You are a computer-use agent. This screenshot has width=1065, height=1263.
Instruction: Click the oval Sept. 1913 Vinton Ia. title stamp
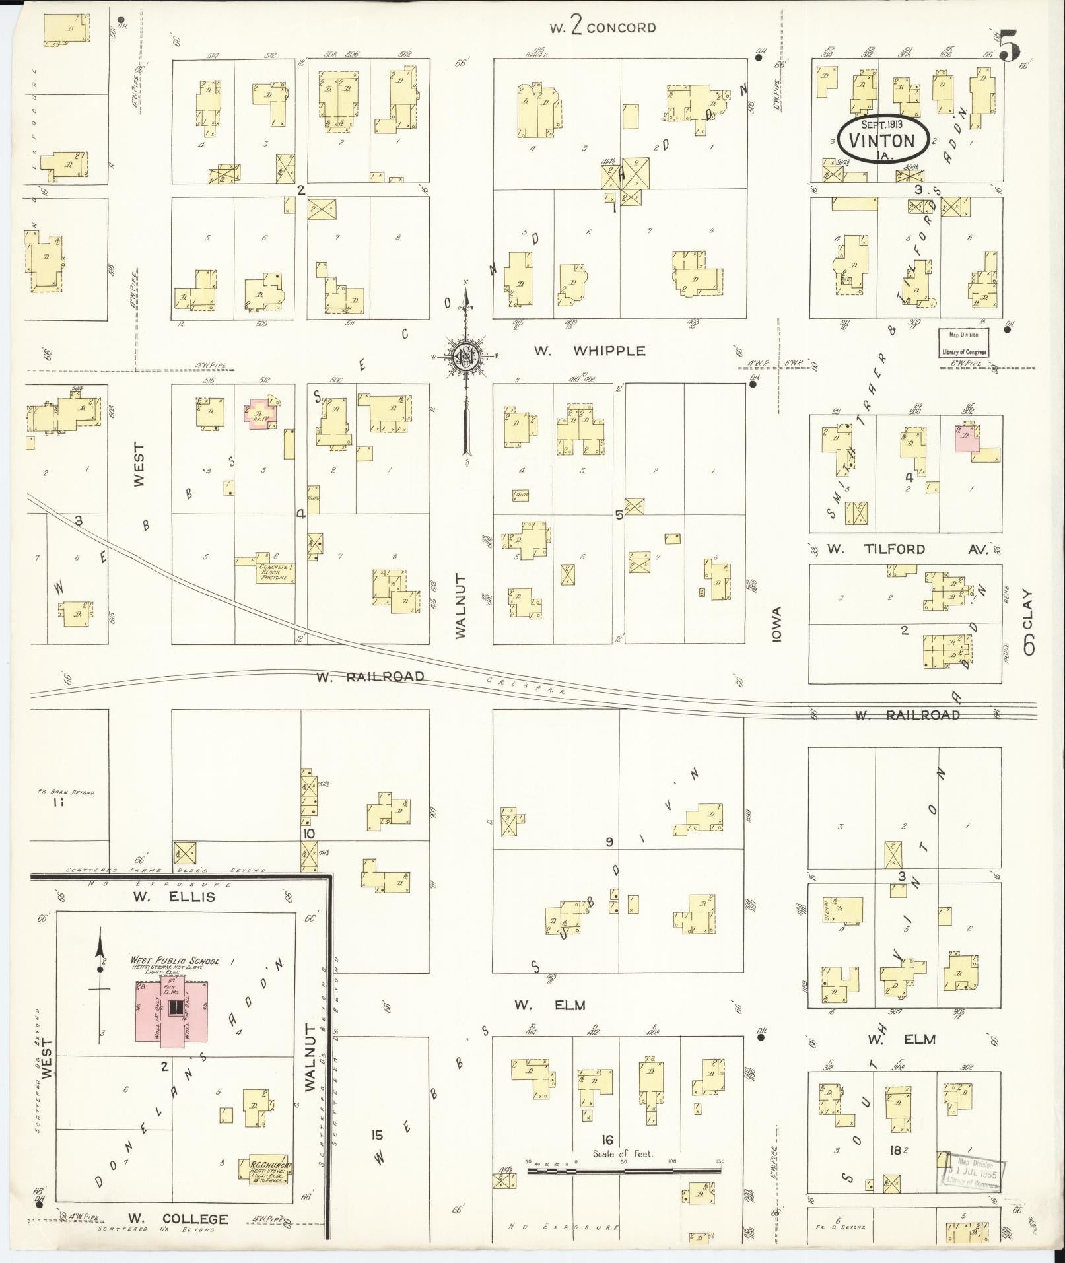pyautogui.click(x=884, y=139)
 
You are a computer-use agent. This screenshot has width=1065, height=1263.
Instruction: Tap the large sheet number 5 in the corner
pyautogui.click(x=1009, y=46)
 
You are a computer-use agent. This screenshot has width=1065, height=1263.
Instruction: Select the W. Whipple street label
pyautogui.click(x=589, y=351)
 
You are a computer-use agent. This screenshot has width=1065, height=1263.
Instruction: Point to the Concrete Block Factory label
pyautogui.click(x=275, y=572)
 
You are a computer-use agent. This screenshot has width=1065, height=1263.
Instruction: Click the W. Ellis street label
pyautogui.click(x=174, y=897)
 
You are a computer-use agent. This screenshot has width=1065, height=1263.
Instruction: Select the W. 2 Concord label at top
pyautogui.click(x=602, y=27)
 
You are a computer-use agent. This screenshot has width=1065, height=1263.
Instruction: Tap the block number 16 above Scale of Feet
pyautogui.click(x=607, y=1140)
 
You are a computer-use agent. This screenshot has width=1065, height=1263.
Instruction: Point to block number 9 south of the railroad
pyautogui.click(x=610, y=842)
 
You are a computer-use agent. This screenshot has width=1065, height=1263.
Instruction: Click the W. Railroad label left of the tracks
pyautogui.click(x=369, y=677)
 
